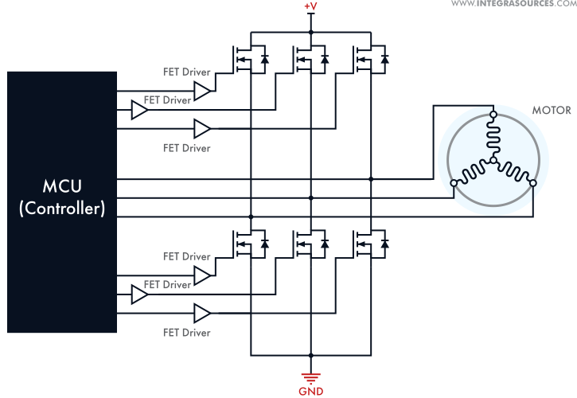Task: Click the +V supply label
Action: pyautogui.click(x=310, y=7)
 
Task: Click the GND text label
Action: pyautogui.click(x=310, y=391)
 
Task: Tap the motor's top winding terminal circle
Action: pyautogui.click(x=493, y=116)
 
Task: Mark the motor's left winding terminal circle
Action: pyautogui.click(x=454, y=184)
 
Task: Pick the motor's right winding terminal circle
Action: pyautogui.click(x=532, y=184)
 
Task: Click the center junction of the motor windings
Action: pyautogui.click(x=493, y=161)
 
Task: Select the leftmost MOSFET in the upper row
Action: pyautogui.click(x=242, y=58)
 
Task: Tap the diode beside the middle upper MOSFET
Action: pyautogui.click(x=325, y=58)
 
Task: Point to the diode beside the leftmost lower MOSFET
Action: pyautogui.click(x=264, y=241)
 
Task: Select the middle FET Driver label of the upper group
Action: pyautogui.click(x=166, y=100)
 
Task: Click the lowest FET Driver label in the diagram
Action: pyautogui.click(x=187, y=332)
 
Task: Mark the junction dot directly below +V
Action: pyautogui.click(x=310, y=33)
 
